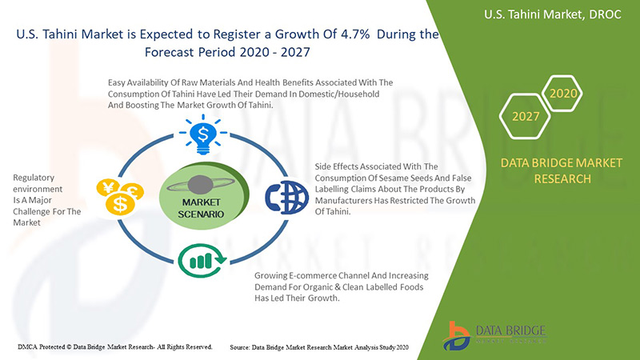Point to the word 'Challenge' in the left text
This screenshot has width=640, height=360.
[36, 211]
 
